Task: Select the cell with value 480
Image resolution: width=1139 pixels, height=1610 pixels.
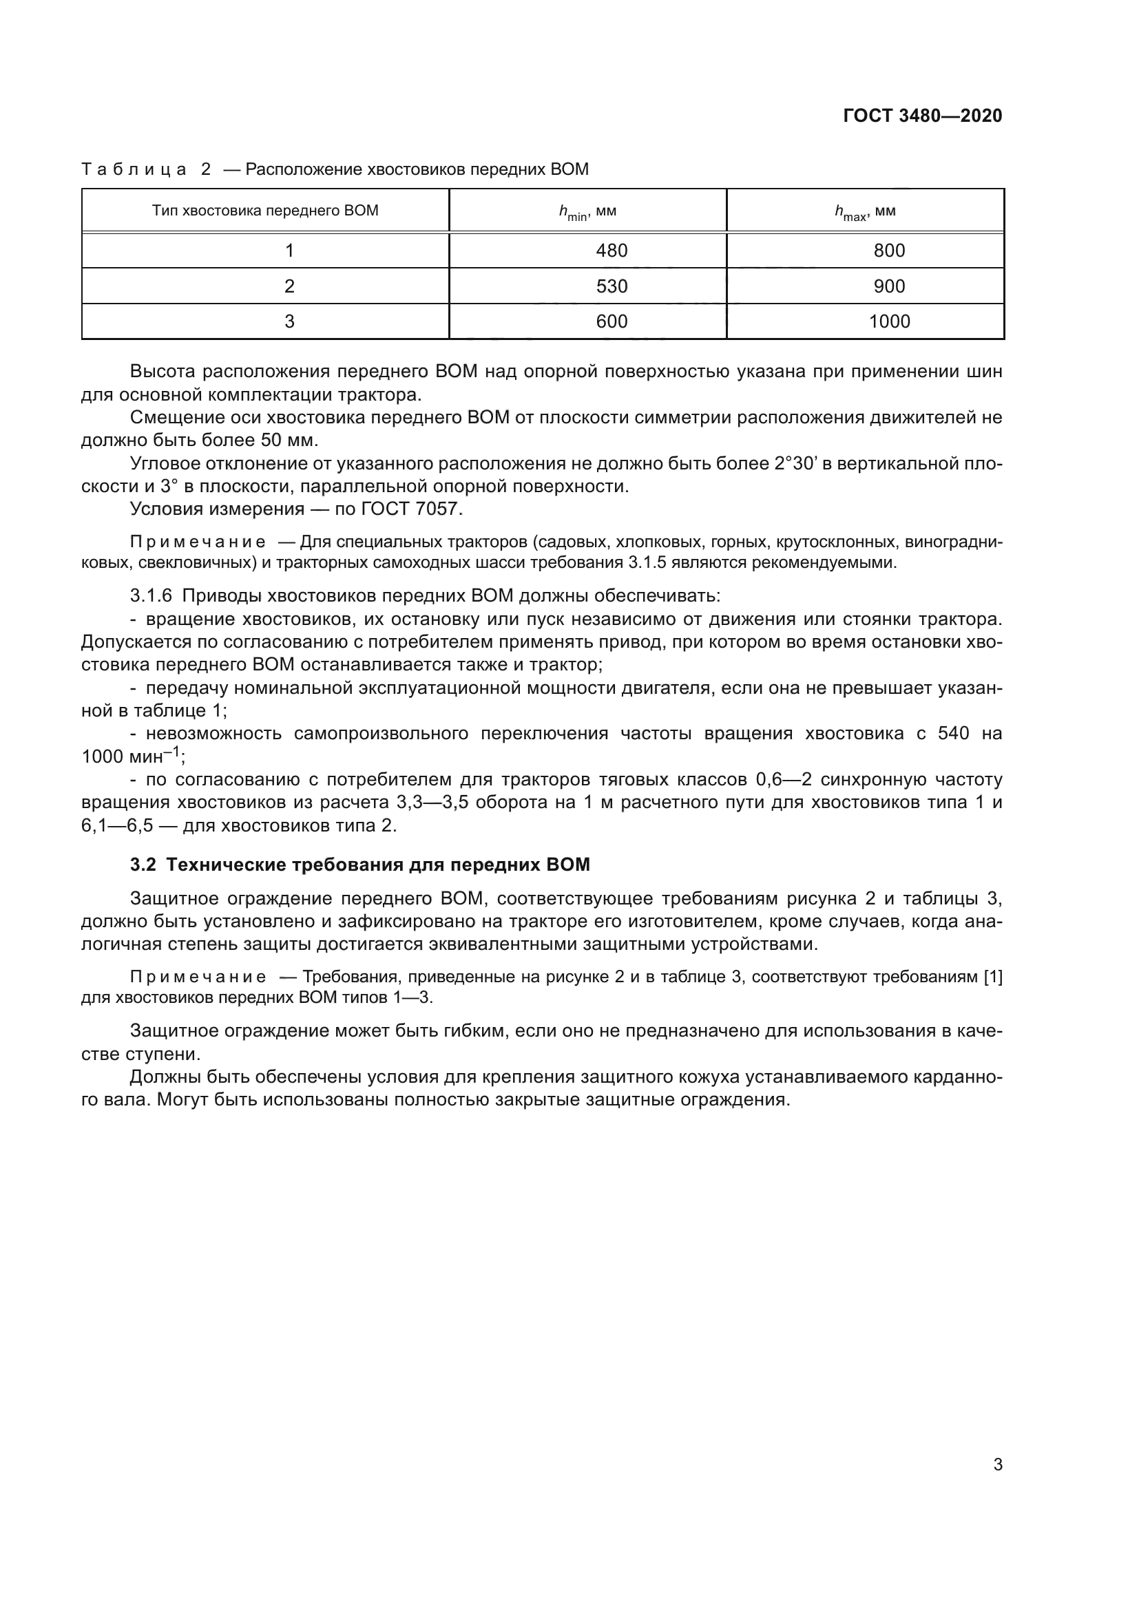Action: click(611, 251)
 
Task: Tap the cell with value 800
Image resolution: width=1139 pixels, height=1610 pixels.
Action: click(888, 251)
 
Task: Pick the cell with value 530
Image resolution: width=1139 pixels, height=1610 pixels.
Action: click(611, 286)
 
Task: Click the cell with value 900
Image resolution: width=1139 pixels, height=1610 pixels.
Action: click(888, 286)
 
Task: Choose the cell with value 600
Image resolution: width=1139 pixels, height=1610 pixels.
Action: click(611, 321)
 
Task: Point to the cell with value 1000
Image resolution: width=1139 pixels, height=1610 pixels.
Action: click(888, 321)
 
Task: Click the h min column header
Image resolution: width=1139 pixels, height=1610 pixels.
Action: click(587, 212)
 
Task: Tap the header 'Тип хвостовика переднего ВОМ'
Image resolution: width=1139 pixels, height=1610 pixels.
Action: click(265, 211)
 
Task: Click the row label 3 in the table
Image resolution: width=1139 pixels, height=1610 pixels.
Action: click(289, 321)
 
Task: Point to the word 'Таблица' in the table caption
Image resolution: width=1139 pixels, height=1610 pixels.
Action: click(134, 170)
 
